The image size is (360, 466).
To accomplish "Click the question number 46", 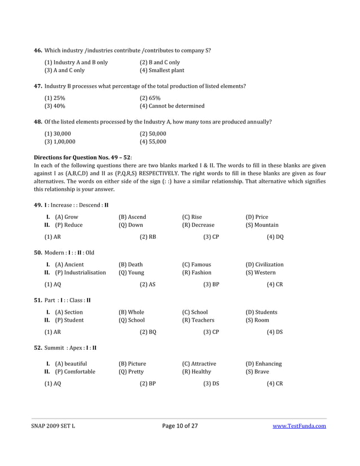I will click(x=38, y=51).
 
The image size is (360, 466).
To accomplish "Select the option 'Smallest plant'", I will click(x=162, y=71).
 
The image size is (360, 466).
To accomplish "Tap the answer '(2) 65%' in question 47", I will click(x=150, y=98).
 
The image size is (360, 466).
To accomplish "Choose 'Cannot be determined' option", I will click(x=172, y=105).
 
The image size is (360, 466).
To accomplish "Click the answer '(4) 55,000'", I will click(x=152, y=142).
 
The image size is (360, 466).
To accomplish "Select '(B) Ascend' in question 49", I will click(x=132, y=217).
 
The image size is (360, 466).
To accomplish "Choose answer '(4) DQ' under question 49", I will click(x=275, y=237).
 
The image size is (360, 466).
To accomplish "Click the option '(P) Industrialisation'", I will click(x=80, y=272).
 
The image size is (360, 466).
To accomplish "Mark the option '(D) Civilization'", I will click(x=265, y=265).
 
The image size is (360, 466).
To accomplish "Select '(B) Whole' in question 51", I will click(x=131, y=312).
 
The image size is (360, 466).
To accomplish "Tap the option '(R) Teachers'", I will click(x=198, y=320).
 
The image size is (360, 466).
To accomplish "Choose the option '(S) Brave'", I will click(x=257, y=372).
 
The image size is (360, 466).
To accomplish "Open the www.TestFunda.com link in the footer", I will click(x=299, y=426).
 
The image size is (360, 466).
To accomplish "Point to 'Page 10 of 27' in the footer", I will click(x=179, y=426).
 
